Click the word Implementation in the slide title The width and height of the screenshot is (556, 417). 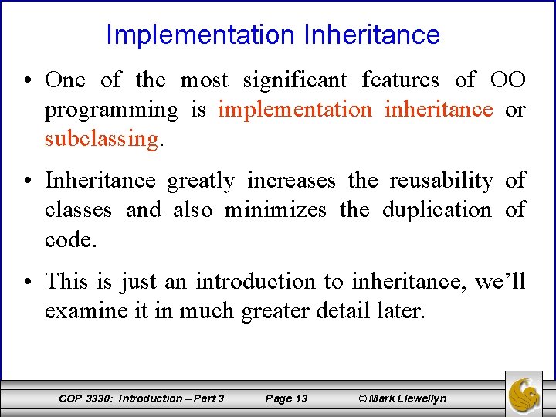click(200, 35)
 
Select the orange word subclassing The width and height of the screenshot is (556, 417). click(101, 139)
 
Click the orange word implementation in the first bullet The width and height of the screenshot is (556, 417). click(294, 110)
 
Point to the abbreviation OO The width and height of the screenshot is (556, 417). click(507, 80)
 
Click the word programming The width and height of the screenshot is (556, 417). click(110, 110)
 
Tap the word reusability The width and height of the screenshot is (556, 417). click(441, 180)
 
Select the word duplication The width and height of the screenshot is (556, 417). click(436, 209)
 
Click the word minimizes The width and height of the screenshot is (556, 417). click(276, 209)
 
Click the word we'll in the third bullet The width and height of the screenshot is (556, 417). click(500, 281)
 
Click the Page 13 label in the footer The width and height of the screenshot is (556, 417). click(286, 398)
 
